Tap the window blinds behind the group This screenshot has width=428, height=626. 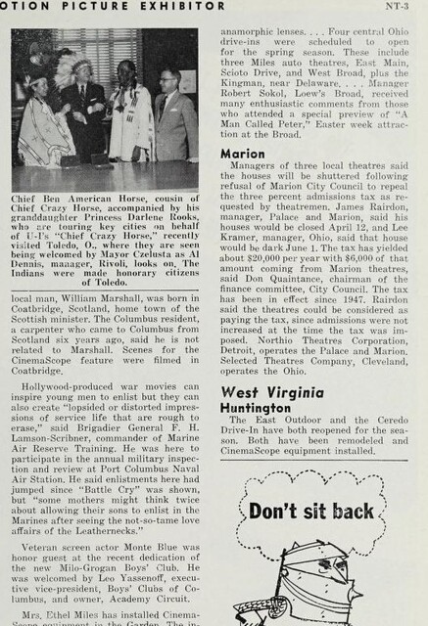point(98,49)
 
